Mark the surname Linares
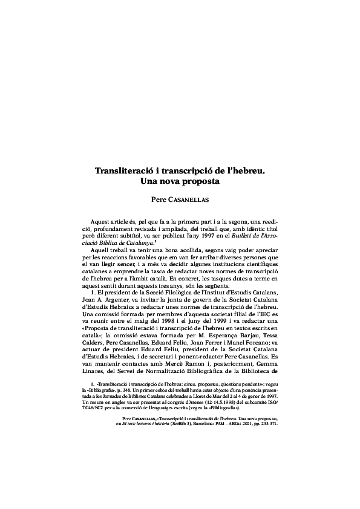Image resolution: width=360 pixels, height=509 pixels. (x=95, y=373)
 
